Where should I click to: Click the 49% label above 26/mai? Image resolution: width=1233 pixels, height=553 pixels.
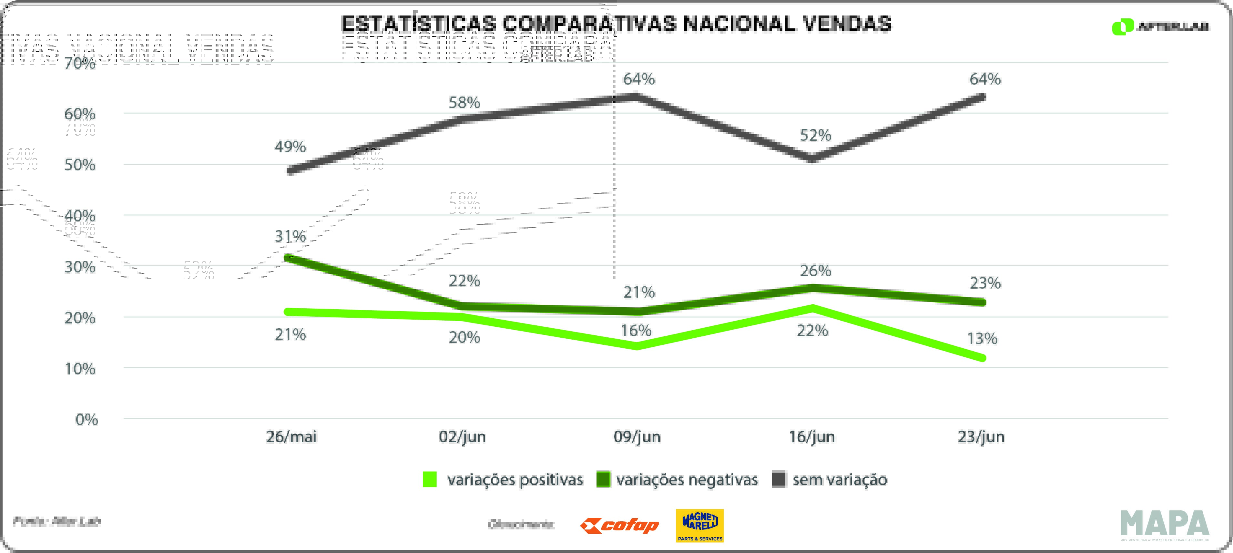290,147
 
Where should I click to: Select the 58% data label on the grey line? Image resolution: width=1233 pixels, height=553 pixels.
464,102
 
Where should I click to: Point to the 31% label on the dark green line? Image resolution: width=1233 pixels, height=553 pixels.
290,236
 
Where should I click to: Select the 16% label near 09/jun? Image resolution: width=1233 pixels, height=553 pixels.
636,330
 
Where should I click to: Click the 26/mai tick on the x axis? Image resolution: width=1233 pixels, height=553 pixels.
291,437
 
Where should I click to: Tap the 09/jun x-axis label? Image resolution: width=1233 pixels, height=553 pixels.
637,437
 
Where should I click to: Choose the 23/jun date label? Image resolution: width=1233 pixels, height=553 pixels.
981,437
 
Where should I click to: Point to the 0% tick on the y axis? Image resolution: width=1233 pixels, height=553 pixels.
87,420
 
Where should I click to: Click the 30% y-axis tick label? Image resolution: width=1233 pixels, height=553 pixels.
80,267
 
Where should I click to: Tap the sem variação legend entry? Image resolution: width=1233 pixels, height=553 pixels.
830,480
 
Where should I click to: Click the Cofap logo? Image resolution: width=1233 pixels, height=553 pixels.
619,526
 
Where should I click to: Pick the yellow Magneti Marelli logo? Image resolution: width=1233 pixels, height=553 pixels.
699,526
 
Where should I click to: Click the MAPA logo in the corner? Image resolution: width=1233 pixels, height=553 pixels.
1165,524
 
